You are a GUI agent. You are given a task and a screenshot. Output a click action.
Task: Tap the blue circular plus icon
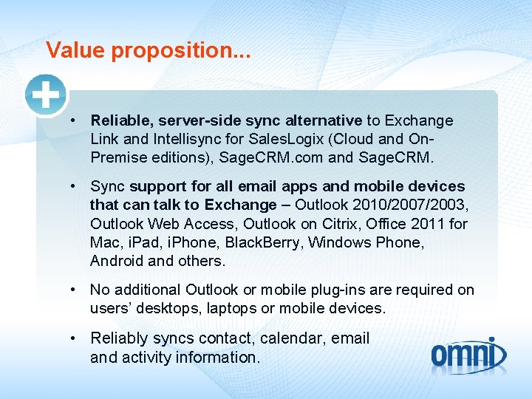pos(46,95)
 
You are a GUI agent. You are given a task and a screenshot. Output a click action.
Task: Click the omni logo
pos(468,355)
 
